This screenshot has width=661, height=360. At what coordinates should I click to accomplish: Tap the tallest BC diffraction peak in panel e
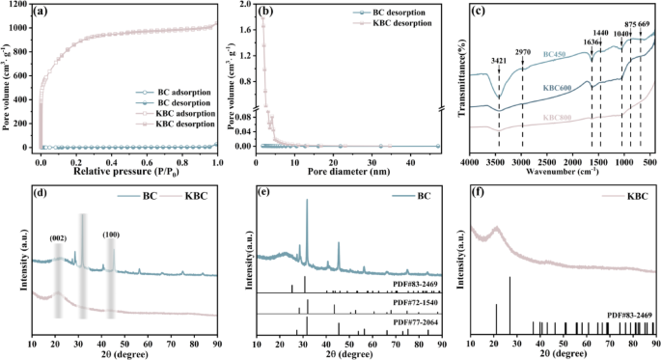(307, 201)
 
